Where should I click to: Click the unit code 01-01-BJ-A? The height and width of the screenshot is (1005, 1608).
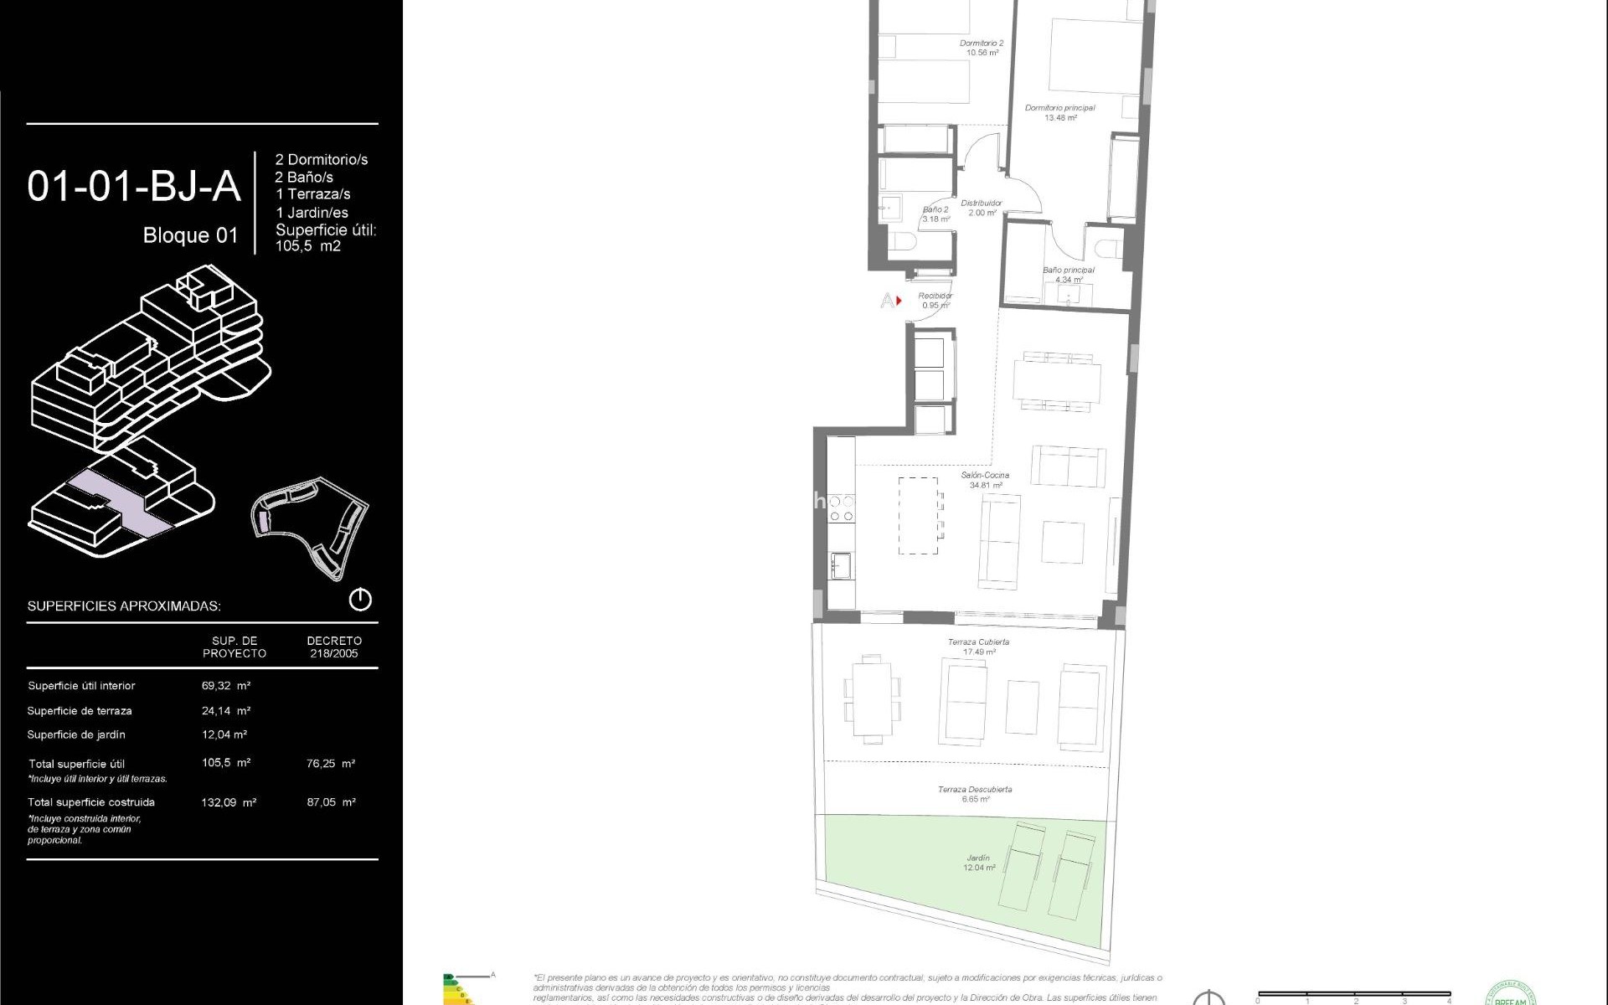pyautogui.click(x=134, y=186)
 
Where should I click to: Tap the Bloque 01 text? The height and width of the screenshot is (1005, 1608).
pyautogui.click(x=190, y=235)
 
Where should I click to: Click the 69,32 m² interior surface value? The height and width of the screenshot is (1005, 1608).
pyautogui.click(x=226, y=686)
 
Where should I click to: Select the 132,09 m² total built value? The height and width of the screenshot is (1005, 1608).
pyautogui.click(x=229, y=802)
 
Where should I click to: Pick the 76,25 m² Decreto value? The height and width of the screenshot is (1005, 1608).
pyautogui.click(x=331, y=764)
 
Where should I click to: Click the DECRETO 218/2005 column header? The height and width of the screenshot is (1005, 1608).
pyautogui.click(x=333, y=647)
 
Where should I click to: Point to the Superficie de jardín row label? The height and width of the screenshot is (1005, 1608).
pyautogui.click(x=76, y=735)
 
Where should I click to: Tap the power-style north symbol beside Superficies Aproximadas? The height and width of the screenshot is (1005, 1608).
pyautogui.click(x=360, y=600)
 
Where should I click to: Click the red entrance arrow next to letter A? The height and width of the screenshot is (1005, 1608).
pyautogui.click(x=899, y=300)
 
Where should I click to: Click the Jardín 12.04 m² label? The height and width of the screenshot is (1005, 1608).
pyautogui.click(x=978, y=863)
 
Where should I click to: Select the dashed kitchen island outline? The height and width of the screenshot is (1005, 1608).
pyautogui.click(x=918, y=516)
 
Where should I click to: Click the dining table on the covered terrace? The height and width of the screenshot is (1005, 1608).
pyautogui.click(x=873, y=699)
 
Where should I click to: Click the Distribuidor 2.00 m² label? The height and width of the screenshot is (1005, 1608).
pyautogui.click(x=982, y=208)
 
